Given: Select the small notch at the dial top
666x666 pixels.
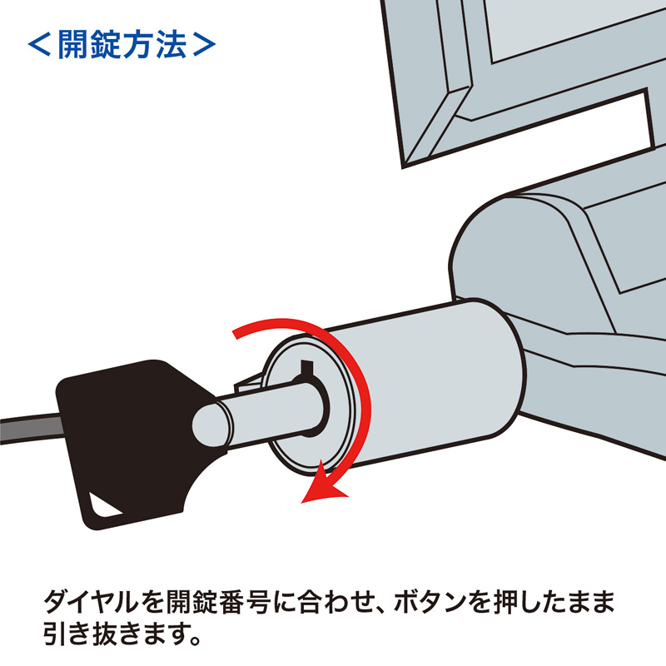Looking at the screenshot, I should coord(306,367).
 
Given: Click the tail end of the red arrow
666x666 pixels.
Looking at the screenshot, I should coord(238,333).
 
